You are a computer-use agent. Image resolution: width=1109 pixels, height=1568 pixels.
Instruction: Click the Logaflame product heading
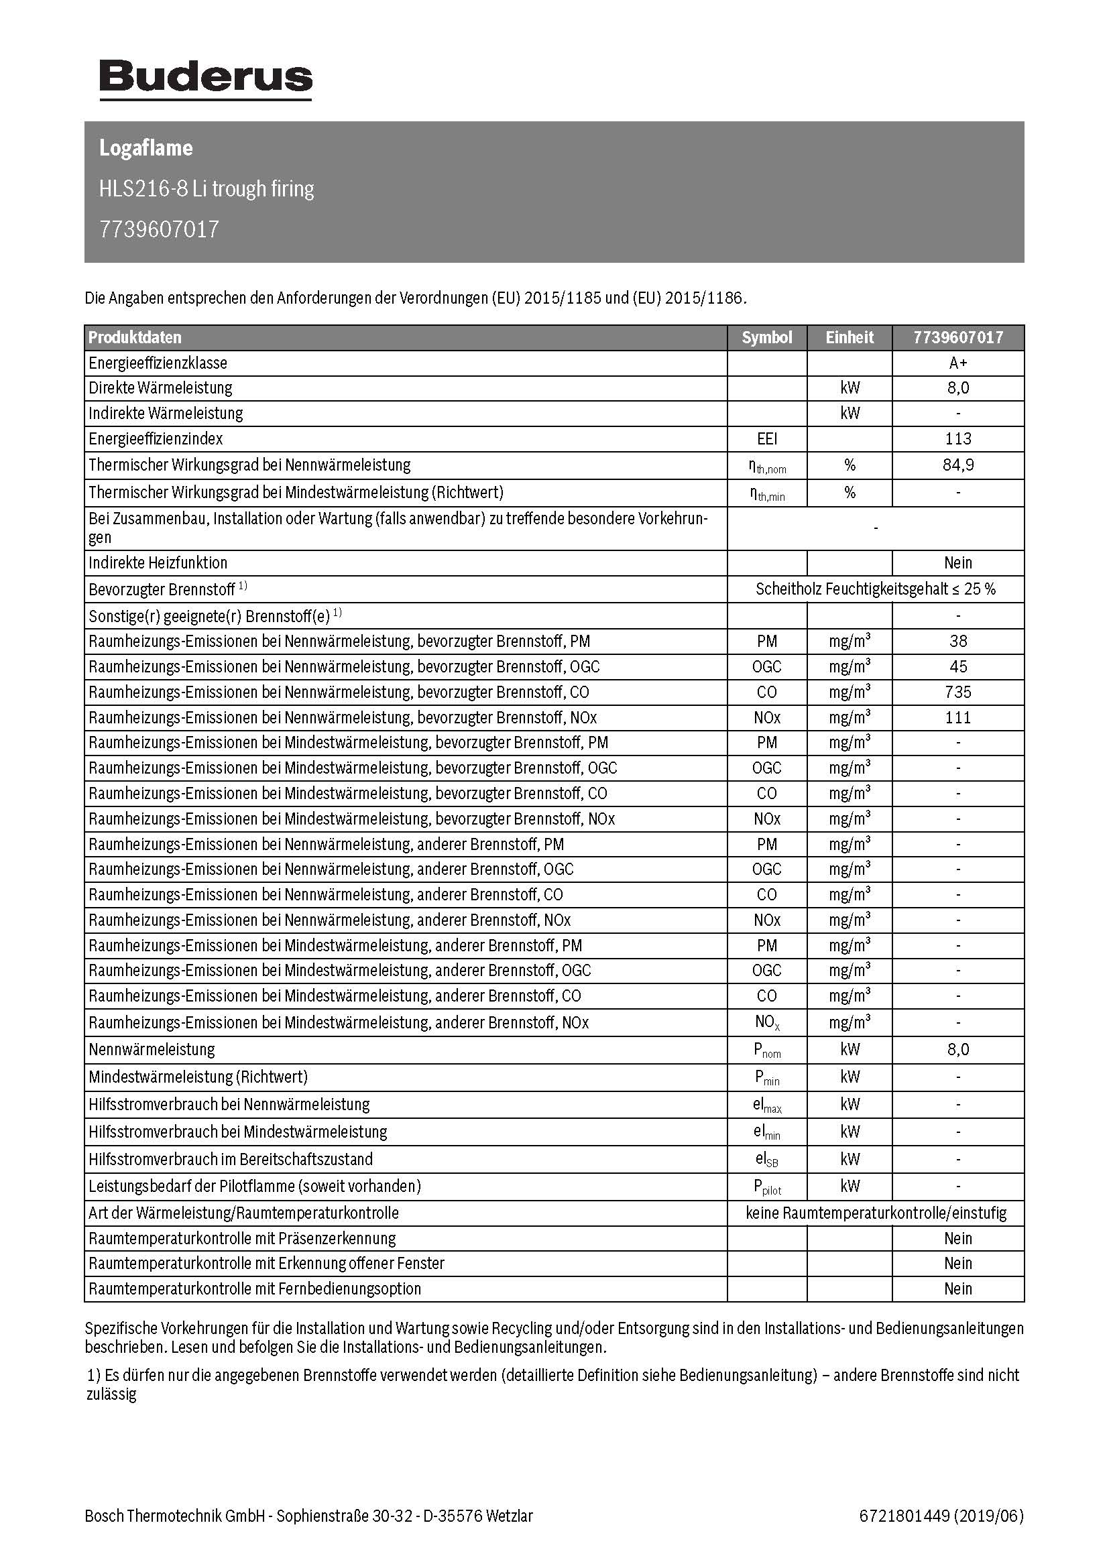(x=146, y=148)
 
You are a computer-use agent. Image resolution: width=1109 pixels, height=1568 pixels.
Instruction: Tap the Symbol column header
(x=766, y=337)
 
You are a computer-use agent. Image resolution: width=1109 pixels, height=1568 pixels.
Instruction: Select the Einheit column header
(x=849, y=337)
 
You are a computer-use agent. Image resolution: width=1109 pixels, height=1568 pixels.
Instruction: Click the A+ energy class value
(x=957, y=363)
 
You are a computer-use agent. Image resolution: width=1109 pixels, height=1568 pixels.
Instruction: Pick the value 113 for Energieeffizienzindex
(x=957, y=438)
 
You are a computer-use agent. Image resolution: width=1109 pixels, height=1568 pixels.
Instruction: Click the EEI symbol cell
(x=766, y=438)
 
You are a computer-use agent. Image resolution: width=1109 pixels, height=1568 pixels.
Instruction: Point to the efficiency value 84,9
(x=957, y=465)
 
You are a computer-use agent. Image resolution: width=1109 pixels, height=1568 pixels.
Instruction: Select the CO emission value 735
(x=957, y=692)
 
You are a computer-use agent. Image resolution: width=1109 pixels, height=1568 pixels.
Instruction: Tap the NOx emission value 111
(x=957, y=717)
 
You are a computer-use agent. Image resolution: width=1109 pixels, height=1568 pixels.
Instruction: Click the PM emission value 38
(x=957, y=641)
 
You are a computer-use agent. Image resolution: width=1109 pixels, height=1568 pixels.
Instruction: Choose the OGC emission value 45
(x=957, y=666)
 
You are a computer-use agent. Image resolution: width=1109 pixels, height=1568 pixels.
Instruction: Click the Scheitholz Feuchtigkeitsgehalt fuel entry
(x=875, y=589)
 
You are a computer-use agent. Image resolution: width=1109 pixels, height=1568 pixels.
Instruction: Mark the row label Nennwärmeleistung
(x=152, y=1049)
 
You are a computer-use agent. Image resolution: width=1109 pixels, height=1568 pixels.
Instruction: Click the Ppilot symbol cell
(x=766, y=1187)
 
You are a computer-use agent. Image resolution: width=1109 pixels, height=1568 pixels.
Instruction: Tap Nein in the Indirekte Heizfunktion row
(x=957, y=562)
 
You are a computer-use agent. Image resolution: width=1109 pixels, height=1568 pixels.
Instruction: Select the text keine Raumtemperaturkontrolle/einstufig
(x=875, y=1213)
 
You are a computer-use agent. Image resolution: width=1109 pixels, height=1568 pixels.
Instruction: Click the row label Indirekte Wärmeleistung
(x=165, y=413)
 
